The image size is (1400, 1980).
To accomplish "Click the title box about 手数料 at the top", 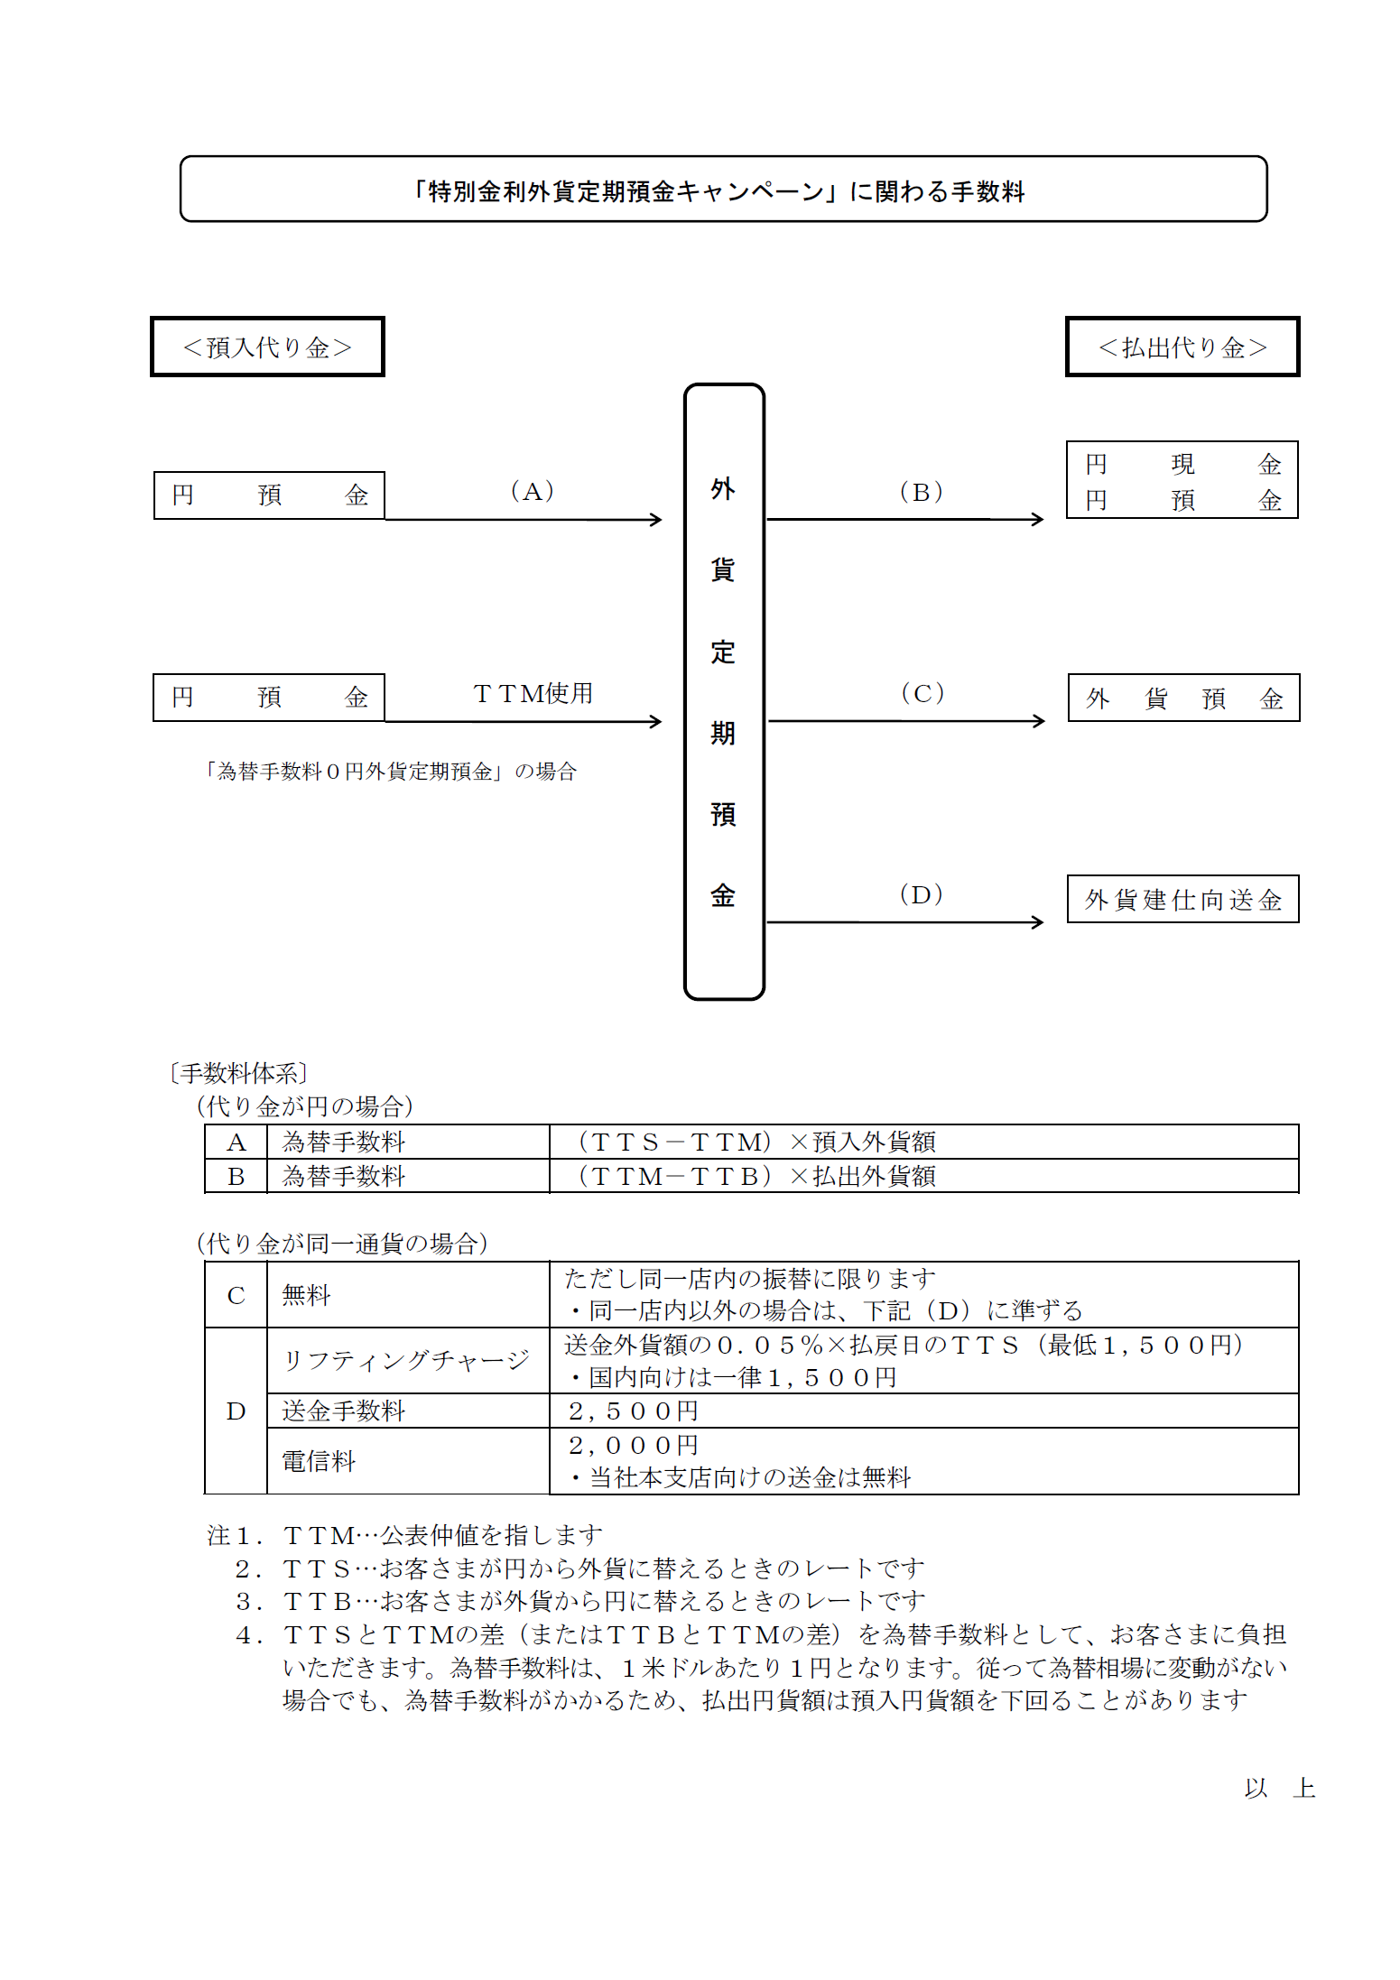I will (x=723, y=190).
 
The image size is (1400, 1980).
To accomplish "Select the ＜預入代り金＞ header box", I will (x=267, y=347).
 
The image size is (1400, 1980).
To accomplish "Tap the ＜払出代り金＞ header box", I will (x=1182, y=347).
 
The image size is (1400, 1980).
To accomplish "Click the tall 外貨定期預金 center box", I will (x=724, y=691).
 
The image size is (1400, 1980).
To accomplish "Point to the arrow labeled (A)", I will (x=524, y=519).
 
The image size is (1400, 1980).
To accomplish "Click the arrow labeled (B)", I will (x=904, y=519).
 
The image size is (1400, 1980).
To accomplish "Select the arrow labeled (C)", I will (x=906, y=720).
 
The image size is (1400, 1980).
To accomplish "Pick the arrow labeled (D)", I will (x=904, y=921).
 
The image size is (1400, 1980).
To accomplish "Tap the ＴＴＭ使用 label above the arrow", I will (x=533, y=693).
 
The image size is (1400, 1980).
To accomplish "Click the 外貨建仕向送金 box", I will (x=1182, y=899).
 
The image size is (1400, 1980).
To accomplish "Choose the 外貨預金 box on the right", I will (x=1183, y=698).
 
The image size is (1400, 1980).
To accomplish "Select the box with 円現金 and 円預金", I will (x=1182, y=480).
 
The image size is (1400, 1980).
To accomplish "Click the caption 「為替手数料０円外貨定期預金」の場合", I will (x=390, y=772).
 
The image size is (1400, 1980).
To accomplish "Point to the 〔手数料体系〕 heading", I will (x=238, y=1073).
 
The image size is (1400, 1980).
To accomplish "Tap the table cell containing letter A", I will (x=236, y=1143).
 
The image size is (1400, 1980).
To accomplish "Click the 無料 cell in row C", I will (x=408, y=1295).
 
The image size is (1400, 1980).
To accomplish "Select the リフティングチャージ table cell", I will (x=408, y=1360).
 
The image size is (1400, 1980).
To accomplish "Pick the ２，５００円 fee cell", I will (x=923, y=1411).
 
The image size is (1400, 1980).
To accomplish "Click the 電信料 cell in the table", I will (x=408, y=1461).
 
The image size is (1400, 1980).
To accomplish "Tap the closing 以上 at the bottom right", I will (x=1279, y=1788).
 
